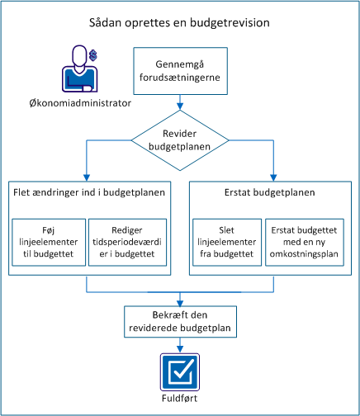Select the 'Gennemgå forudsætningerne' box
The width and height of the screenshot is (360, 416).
pyautogui.click(x=180, y=71)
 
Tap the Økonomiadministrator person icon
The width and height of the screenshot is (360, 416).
pyautogui.click(x=78, y=69)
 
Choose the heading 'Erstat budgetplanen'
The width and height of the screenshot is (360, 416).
pyautogui.click(x=272, y=193)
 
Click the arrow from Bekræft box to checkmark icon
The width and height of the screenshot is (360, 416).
pyautogui.click(x=180, y=348)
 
